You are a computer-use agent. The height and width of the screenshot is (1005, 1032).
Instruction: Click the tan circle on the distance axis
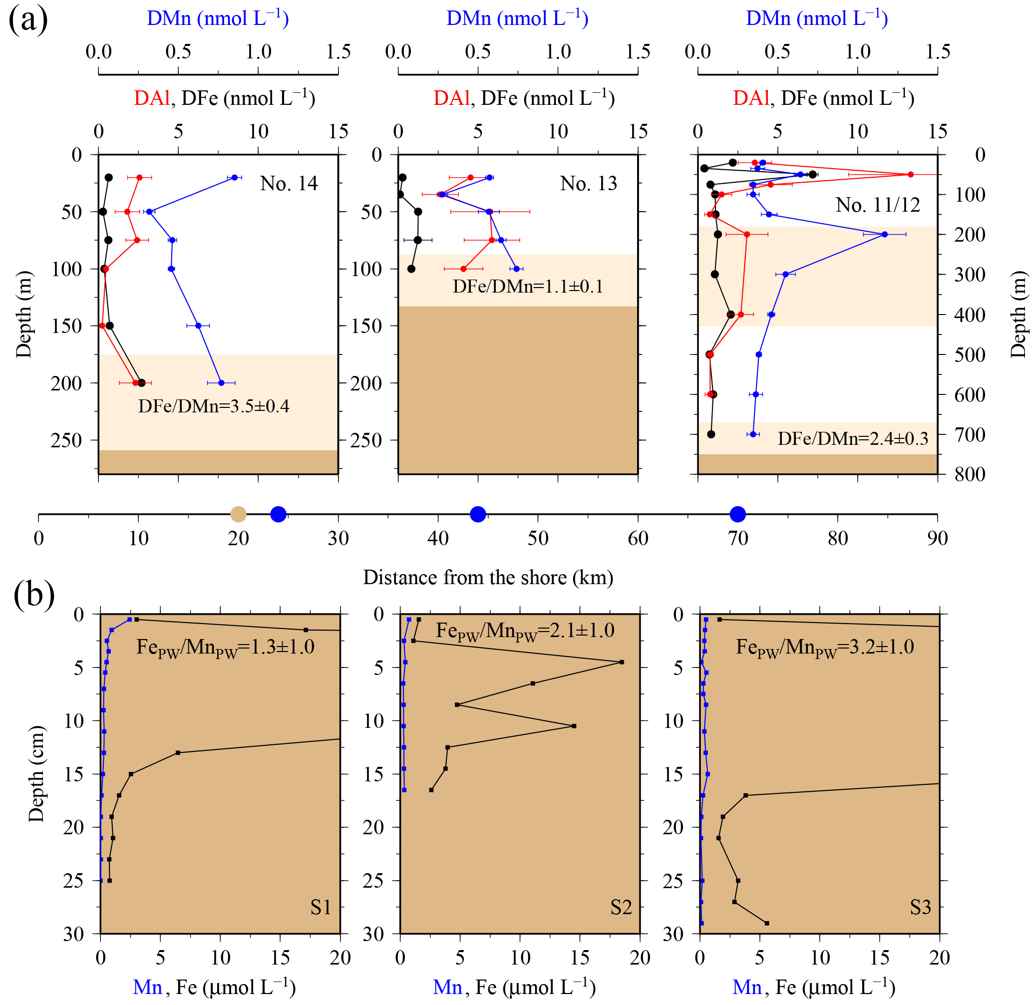(x=238, y=514)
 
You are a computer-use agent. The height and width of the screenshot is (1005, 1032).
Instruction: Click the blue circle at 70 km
(x=737, y=514)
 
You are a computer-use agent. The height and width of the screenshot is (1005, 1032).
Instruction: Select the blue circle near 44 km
(x=478, y=514)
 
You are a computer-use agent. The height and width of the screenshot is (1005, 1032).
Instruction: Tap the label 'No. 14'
(x=289, y=184)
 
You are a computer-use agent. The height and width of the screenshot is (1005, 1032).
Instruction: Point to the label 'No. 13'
(x=588, y=184)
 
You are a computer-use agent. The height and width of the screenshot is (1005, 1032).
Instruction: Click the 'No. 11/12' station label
(x=877, y=205)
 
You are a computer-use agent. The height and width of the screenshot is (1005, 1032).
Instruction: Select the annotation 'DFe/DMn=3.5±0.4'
(x=214, y=406)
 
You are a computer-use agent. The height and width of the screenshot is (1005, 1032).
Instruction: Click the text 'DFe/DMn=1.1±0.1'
(x=528, y=287)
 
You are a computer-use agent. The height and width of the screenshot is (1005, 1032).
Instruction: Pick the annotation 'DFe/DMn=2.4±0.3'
(x=853, y=439)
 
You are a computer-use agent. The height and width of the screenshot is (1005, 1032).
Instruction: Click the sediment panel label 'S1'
(x=321, y=907)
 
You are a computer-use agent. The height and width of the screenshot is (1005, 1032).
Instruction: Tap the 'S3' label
(x=921, y=907)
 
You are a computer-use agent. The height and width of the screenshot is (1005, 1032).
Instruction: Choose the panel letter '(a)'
(x=28, y=20)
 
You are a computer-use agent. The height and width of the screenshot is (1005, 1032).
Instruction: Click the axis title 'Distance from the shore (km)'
(x=488, y=578)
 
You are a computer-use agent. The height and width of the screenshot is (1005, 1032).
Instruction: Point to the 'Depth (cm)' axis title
(x=36, y=774)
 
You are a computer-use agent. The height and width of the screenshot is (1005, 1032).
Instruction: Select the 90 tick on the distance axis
(x=937, y=538)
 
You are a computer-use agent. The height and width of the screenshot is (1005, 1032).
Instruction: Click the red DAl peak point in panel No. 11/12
(x=911, y=174)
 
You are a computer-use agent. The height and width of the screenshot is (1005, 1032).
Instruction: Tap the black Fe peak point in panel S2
(x=621, y=662)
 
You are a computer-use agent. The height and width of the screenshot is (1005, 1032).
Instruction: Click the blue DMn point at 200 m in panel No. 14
(x=221, y=383)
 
